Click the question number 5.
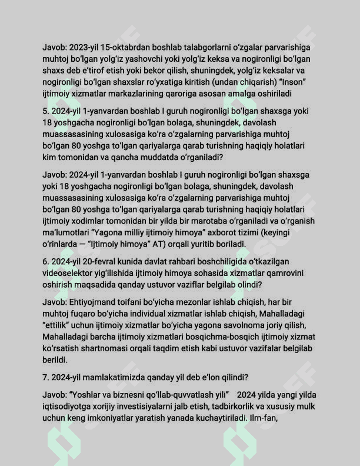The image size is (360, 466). tap(45, 111)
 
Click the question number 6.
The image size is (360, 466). tap(45, 261)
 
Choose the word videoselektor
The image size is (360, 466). tap(69, 272)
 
